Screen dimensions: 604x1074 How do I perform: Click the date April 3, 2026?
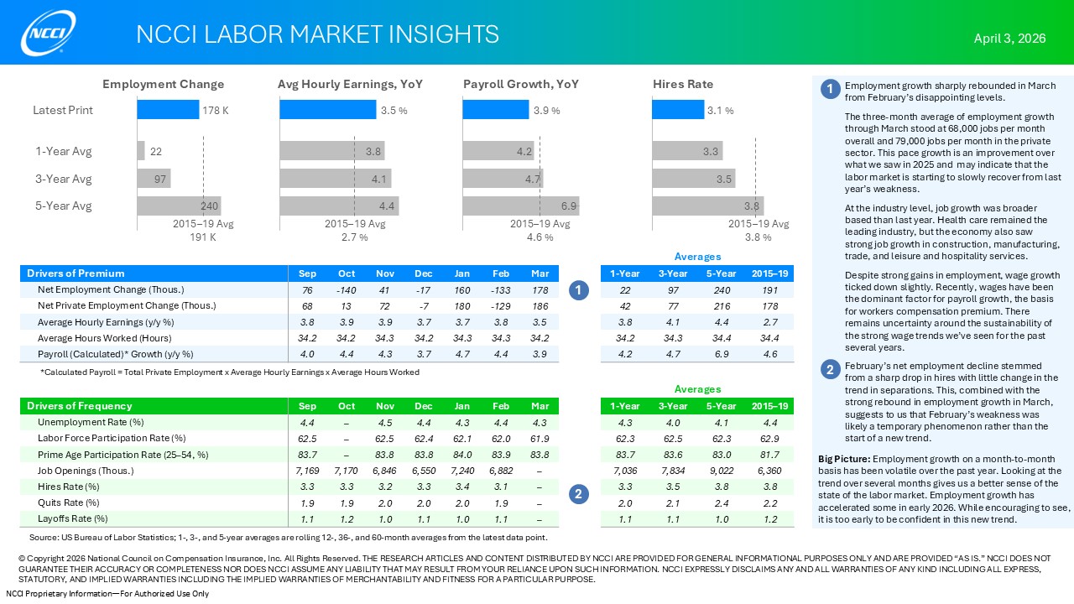coord(1009,39)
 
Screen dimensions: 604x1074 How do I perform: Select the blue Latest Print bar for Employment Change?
coord(168,110)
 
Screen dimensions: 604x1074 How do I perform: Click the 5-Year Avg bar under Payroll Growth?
coord(520,206)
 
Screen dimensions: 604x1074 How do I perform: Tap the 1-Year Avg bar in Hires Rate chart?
coord(687,151)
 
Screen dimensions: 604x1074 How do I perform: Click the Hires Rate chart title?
coord(683,84)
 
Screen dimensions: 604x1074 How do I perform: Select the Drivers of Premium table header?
coord(76,273)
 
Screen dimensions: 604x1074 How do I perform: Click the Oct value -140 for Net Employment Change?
coord(347,290)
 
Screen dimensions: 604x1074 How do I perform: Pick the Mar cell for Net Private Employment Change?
coord(540,306)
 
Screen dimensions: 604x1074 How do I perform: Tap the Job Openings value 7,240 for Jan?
coord(462,471)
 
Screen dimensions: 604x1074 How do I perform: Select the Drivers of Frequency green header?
coord(80,407)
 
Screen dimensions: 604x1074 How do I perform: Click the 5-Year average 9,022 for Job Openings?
coord(722,471)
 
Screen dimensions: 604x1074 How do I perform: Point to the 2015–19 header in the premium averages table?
coord(769,273)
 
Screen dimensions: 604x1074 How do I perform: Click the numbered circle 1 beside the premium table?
coord(578,290)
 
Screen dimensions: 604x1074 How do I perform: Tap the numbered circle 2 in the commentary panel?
coord(830,369)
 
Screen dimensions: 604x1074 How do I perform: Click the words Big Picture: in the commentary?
coord(843,459)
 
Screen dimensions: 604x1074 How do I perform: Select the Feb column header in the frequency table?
coord(501,407)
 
